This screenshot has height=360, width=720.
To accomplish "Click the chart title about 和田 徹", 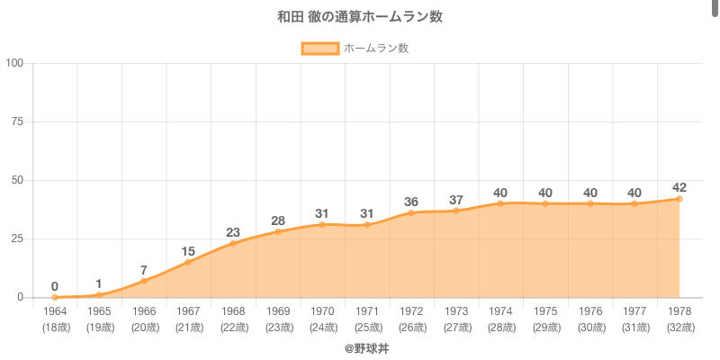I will [x=360, y=17].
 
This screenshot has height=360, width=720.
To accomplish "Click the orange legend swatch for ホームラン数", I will [x=319, y=49].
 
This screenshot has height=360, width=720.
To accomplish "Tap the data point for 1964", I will [x=55, y=297].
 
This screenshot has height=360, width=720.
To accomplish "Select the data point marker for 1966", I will [x=144, y=281].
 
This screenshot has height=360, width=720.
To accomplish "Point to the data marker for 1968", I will [x=233, y=243].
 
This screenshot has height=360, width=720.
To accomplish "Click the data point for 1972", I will [x=411, y=212].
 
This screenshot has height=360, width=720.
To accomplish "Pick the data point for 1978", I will [x=679, y=199].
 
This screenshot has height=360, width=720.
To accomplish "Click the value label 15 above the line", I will [x=188, y=251].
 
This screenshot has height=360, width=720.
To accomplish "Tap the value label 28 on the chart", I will [x=277, y=220].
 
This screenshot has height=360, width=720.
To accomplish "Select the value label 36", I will [x=411, y=202].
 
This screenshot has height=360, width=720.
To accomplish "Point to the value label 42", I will [x=679, y=187].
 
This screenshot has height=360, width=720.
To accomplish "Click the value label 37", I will [x=456, y=200].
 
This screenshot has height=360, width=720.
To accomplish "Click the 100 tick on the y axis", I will [x=15, y=63].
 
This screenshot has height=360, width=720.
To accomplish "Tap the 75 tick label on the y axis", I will [x=18, y=121].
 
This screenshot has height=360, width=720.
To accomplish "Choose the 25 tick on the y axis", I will [x=18, y=238].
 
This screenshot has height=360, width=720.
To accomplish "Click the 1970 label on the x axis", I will [x=322, y=311].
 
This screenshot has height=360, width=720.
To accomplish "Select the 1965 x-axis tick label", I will [x=99, y=311].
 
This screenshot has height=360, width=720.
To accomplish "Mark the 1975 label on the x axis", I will [x=545, y=311].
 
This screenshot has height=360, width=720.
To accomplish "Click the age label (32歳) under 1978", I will [x=679, y=327].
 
